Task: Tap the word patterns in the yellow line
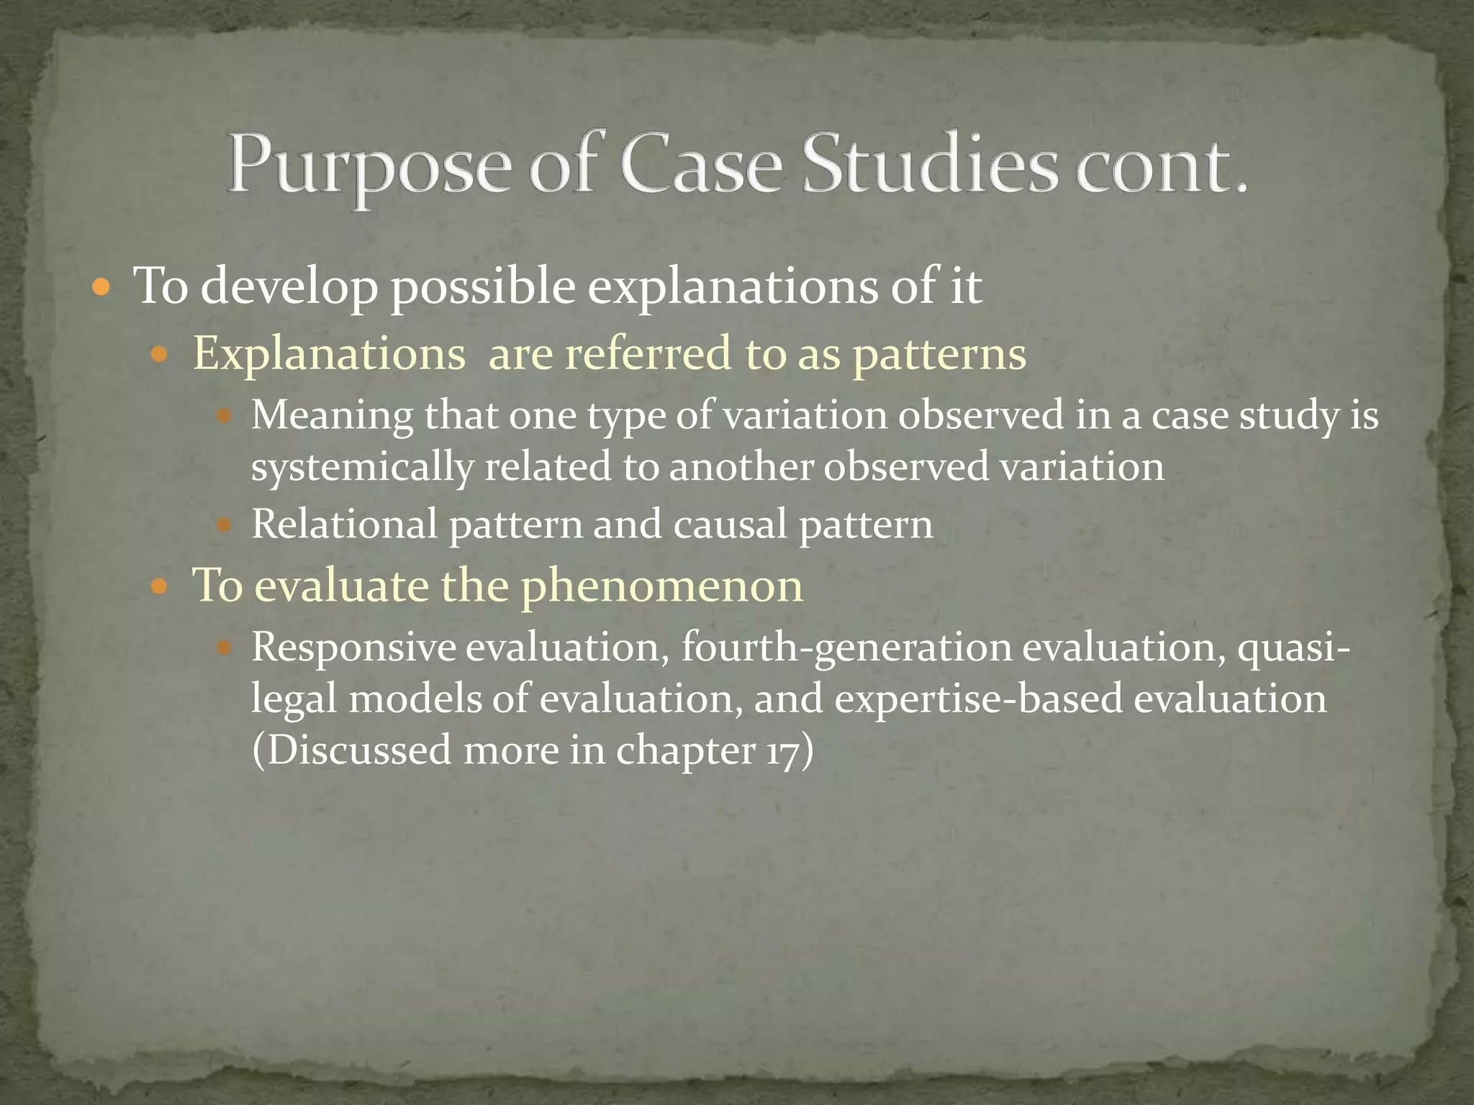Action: tap(939, 355)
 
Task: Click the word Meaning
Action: tap(332, 417)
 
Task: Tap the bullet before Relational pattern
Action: tap(224, 525)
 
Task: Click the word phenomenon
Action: tap(661, 586)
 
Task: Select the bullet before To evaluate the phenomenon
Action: tap(160, 587)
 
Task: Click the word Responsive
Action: tap(353, 647)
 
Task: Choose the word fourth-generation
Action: tap(846, 647)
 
